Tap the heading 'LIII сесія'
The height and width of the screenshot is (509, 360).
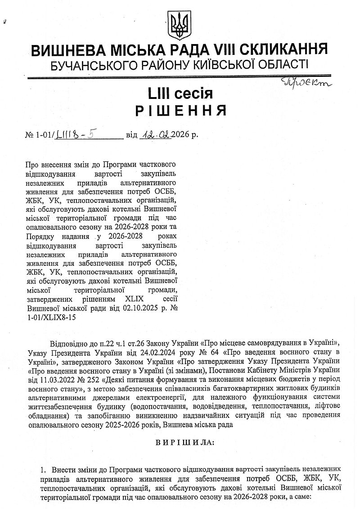click(180, 94)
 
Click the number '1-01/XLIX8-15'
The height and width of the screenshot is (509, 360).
click(52, 317)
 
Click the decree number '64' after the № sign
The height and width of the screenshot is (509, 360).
click(214, 351)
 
